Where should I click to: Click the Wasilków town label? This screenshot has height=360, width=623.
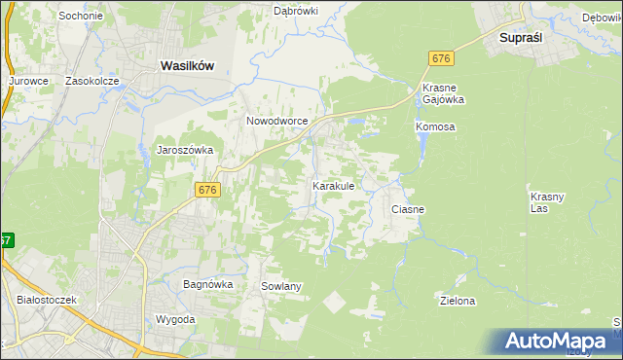[187, 65]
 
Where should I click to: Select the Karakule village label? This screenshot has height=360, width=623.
[339, 185]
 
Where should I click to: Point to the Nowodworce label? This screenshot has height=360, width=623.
[277, 121]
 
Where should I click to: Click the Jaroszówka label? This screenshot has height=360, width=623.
[185, 151]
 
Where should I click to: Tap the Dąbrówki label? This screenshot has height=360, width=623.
[298, 11]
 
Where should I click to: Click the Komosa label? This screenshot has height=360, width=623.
[435, 127]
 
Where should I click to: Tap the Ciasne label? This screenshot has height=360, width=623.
[408, 209]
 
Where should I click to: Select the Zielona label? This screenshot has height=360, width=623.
[458, 301]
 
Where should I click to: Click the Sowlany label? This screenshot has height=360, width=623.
[281, 286]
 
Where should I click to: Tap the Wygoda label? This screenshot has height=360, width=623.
[175, 319]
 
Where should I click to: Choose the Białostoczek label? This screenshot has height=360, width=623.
[47, 301]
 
